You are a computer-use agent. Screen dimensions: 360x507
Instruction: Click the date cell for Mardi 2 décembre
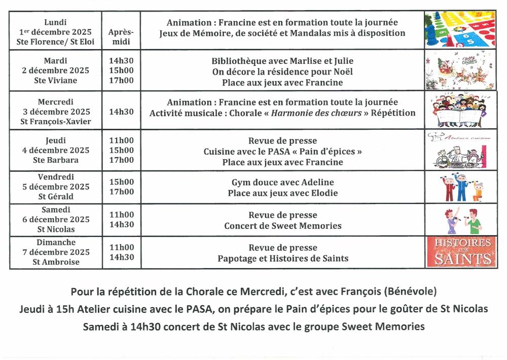coord(55,70)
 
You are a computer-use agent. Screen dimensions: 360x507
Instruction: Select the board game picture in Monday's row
coord(460,29)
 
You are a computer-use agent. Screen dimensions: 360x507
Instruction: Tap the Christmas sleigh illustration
coord(460,69)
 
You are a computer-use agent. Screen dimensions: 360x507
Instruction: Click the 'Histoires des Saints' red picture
coord(460,251)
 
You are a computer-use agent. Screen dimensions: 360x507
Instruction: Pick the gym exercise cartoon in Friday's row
coord(460,187)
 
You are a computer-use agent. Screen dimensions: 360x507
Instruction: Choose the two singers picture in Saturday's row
coord(460,219)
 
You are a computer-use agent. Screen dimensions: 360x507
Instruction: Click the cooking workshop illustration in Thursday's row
coord(460,150)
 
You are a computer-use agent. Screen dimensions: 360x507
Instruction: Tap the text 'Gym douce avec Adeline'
coord(282,182)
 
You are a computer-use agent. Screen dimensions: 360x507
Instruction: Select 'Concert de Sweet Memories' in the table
coord(282,226)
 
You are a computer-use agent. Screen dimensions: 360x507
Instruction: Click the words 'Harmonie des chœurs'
coord(316,113)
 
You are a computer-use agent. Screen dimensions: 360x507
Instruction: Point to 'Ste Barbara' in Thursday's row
coord(55,160)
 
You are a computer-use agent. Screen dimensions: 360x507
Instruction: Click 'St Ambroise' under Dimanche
coord(55,262)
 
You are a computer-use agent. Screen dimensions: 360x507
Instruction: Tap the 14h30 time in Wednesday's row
coord(121,112)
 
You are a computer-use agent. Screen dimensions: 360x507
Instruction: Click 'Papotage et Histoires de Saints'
coord(282,258)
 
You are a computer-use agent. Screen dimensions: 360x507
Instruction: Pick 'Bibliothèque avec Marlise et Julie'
coord(282,61)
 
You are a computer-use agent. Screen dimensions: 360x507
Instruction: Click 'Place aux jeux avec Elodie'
coord(282,193)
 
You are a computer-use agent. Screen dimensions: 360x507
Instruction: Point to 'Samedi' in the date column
coord(55,209)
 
